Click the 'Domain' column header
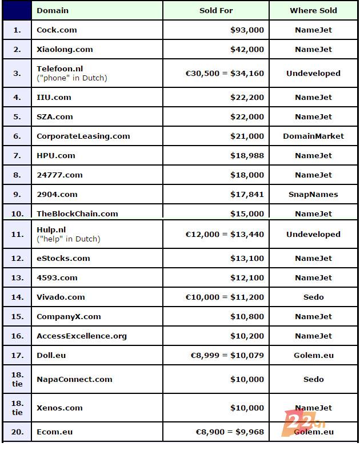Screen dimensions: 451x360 pos(53,10)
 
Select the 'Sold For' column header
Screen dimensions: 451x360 pos(216,10)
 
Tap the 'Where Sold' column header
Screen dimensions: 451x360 pos(313,10)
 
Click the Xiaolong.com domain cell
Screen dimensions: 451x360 pos(65,49)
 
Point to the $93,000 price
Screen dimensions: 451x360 pos(247,30)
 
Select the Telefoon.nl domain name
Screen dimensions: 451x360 pos(60,69)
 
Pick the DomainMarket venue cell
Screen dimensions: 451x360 pos(313,136)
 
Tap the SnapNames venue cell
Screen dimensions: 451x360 pos(313,194)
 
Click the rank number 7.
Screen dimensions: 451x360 pos(17,155)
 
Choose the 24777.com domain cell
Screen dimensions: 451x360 pos(59,175)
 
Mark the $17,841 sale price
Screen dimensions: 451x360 pos(247,194)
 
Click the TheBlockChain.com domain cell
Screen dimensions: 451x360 pos(77,214)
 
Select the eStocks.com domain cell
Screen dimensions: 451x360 pos(63,258)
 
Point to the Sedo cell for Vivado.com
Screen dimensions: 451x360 pos(313,297)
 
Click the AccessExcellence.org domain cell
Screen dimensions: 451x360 pos(82,336)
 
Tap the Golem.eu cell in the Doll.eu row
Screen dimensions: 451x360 pos(313,355)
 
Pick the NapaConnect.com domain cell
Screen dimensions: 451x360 pos(74,379)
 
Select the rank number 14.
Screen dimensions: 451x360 pos(17,297)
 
